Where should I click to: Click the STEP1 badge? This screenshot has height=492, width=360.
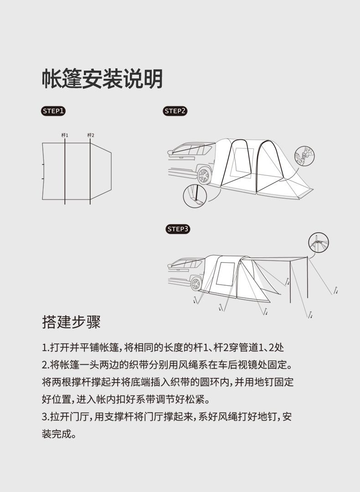point(53,111)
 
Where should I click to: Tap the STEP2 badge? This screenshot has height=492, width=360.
point(175,111)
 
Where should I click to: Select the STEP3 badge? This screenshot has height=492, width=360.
point(178,229)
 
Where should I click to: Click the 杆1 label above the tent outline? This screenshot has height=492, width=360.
point(65,135)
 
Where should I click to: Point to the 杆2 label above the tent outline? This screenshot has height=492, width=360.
point(91,135)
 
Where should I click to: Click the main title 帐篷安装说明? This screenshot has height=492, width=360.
point(103,79)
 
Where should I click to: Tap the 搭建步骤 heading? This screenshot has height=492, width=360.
point(71,322)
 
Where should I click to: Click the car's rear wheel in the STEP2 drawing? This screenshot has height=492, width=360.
point(203,175)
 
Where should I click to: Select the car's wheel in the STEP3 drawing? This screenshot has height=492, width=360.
point(196,284)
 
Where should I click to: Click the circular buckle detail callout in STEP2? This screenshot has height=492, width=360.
point(304,156)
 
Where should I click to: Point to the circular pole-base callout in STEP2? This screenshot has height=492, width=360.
point(195,196)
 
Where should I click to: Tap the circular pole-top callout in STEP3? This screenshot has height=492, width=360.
point(319,242)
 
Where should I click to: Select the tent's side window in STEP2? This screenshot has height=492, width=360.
point(242,163)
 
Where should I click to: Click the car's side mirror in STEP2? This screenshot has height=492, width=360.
point(170,153)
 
